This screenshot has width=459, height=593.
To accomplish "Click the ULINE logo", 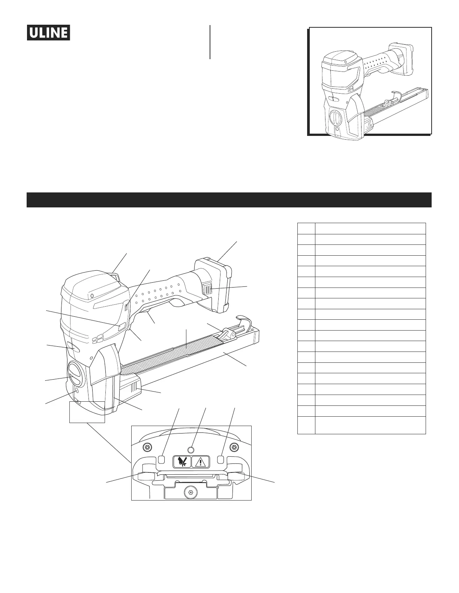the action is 48,33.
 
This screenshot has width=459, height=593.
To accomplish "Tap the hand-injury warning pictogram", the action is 182,462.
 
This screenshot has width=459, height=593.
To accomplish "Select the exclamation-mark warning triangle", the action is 201,462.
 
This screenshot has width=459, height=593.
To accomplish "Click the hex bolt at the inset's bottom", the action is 190,493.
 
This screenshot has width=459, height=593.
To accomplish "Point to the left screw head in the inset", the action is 147,447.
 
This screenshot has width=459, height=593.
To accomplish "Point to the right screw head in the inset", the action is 234,447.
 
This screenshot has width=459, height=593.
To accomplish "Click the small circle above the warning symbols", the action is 190,449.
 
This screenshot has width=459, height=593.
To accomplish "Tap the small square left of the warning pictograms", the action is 162,459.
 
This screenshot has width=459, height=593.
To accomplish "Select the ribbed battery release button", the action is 207,289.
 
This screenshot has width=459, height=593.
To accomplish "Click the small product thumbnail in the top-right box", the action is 369,81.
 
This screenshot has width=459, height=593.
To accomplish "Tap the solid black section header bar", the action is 229,200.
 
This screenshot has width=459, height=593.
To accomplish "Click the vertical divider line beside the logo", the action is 210,42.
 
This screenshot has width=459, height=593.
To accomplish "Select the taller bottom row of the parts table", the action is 361,425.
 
